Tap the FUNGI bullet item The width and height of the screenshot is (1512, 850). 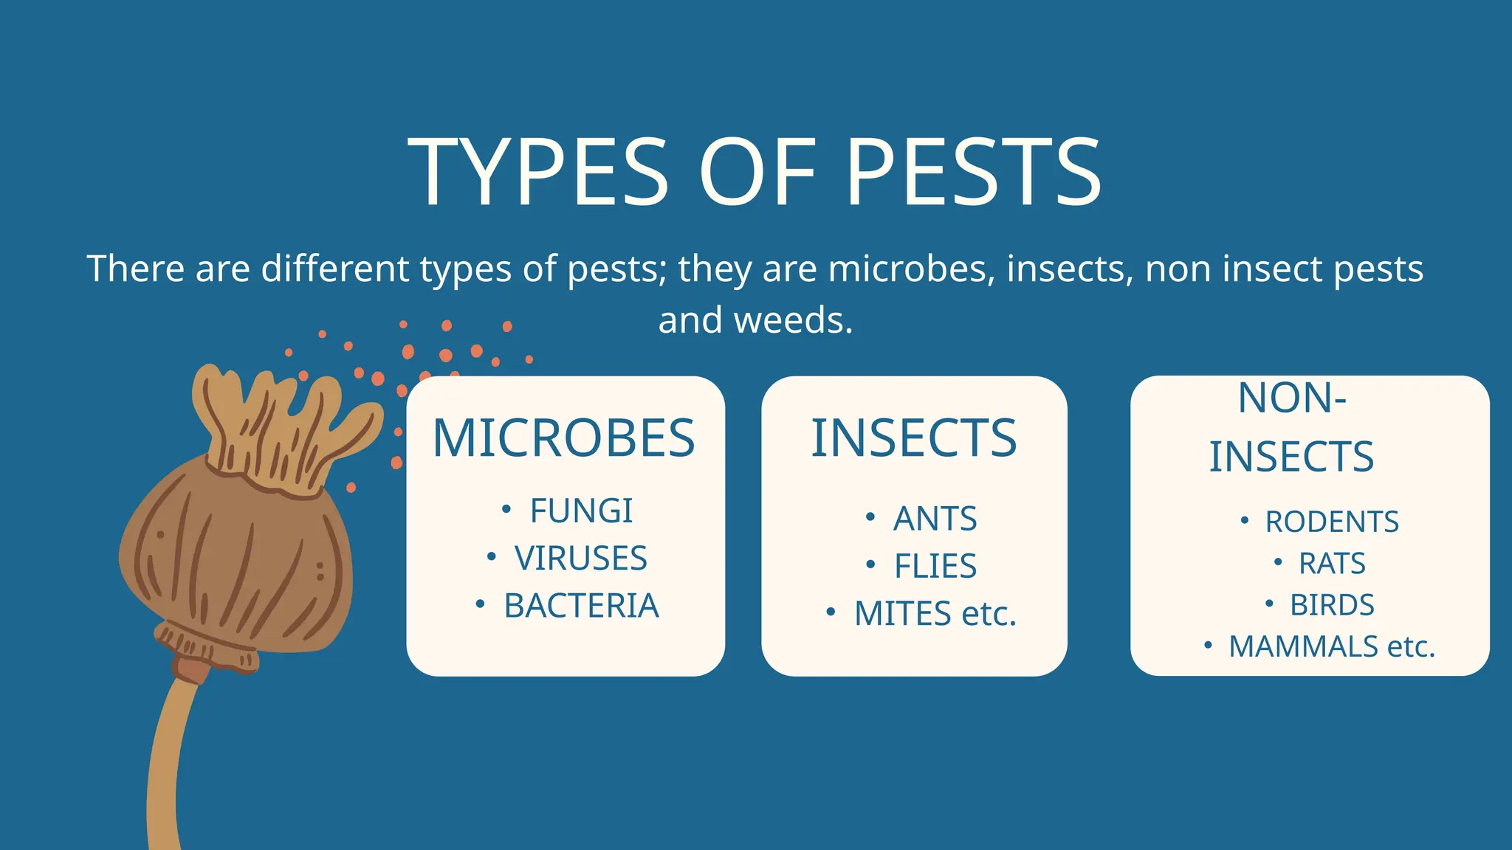click(x=581, y=511)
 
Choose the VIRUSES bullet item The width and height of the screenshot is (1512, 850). click(x=580, y=558)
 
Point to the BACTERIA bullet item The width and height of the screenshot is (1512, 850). click(x=581, y=606)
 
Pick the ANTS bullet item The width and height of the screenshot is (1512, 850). click(x=935, y=519)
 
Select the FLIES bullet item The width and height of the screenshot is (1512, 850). click(x=935, y=566)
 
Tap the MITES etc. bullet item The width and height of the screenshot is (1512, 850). click(x=935, y=613)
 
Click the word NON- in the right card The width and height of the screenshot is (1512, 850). click(x=1292, y=398)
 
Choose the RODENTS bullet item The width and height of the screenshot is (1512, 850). click(x=1332, y=522)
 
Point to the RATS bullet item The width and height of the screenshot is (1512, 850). click(x=1332, y=564)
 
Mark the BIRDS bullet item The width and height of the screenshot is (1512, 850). click(x=1332, y=605)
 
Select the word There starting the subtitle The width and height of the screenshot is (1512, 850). click(x=135, y=269)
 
